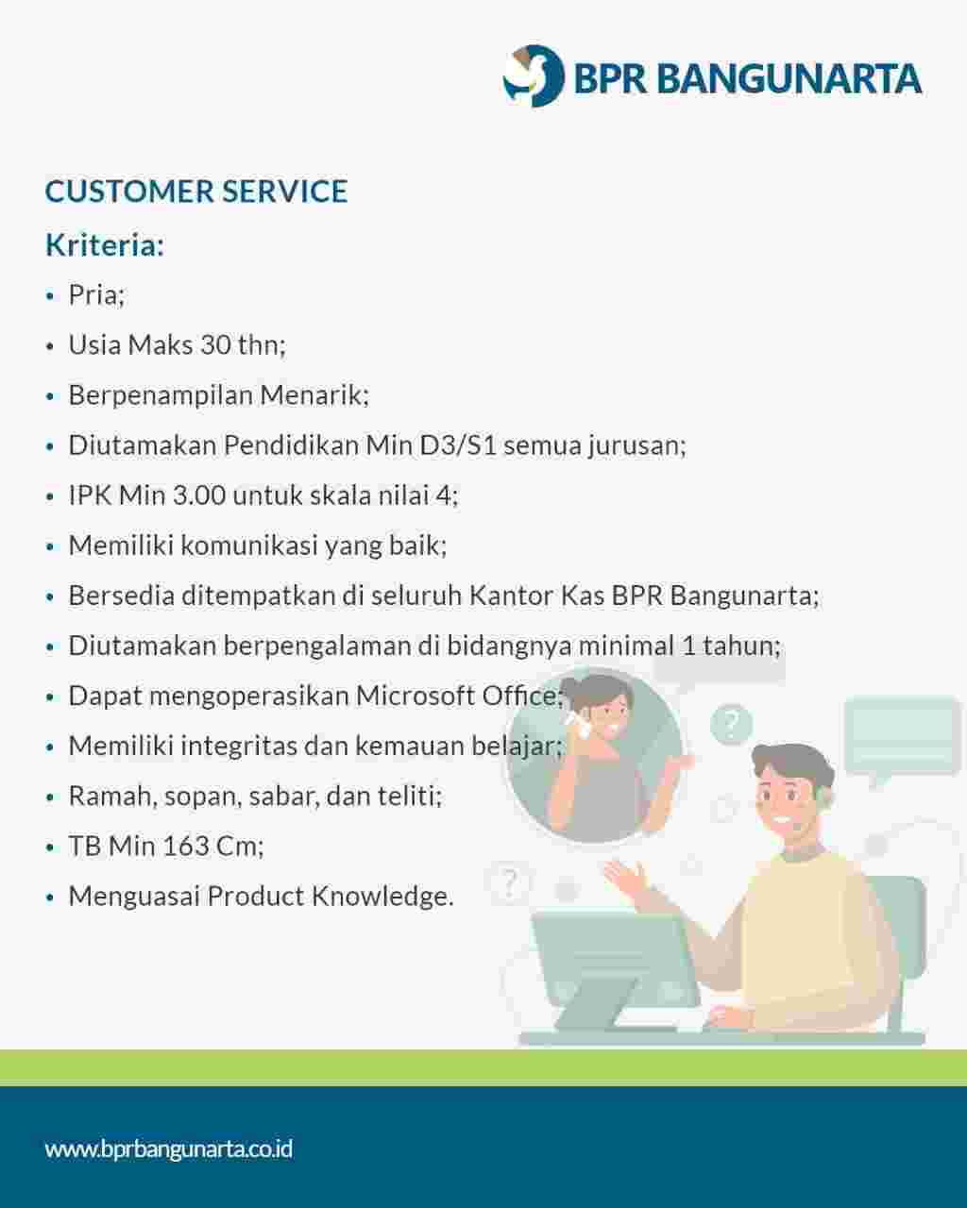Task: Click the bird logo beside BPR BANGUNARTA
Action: click(533, 75)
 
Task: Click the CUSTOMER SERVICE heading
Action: click(196, 192)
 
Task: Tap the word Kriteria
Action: click(104, 244)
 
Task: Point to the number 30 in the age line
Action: click(215, 344)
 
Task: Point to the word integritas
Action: click(238, 746)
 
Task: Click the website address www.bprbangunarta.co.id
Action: click(169, 1149)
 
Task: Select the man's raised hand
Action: click(623, 878)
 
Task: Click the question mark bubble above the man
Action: click(730, 724)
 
